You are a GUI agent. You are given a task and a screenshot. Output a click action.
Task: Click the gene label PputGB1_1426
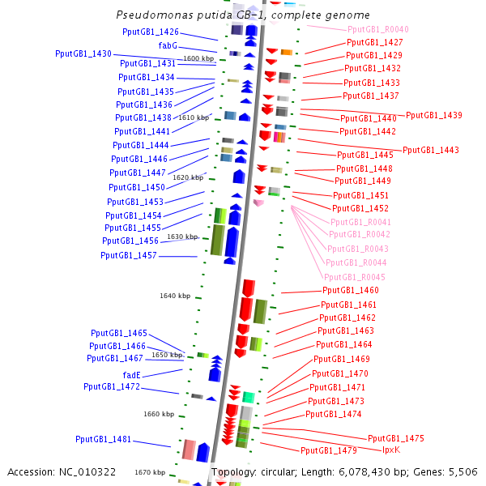(x=151, y=32)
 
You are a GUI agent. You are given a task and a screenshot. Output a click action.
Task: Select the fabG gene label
(x=168, y=45)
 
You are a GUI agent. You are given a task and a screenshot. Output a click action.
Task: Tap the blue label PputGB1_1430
(x=83, y=53)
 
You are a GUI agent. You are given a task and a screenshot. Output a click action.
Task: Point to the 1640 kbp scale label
(x=175, y=296)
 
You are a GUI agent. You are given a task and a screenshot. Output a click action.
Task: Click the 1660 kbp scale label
(x=159, y=414)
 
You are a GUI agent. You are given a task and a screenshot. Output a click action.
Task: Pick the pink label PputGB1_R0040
(x=378, y=29)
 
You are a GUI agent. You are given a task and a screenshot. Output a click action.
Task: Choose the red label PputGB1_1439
(x=434, y=115)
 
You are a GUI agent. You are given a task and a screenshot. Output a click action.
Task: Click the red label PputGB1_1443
(x=431, y=150)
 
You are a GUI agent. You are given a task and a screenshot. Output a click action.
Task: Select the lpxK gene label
(x=391, y=450)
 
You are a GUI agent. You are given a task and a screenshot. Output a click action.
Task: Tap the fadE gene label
(x=132, y=375)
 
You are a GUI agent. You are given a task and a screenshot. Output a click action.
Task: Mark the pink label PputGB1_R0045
(x=355, y=277)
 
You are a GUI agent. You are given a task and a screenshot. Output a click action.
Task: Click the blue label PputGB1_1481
(x=104, y=439)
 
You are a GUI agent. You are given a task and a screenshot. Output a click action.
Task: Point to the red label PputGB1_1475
(x=396, y=438)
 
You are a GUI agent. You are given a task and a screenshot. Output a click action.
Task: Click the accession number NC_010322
(x=87, y=472)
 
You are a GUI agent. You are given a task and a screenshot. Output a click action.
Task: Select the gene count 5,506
(x=463, y=472)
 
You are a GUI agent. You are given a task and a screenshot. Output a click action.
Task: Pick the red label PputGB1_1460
(x=351, y=290)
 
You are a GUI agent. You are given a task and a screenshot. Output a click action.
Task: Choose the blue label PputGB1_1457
(x=129, y=255)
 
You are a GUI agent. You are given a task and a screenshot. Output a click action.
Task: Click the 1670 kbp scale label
(x=150, y=472)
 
